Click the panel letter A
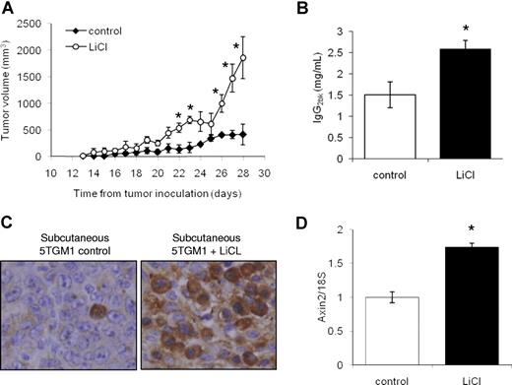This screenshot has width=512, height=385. point(8,8)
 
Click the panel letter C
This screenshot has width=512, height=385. point(8,208)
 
